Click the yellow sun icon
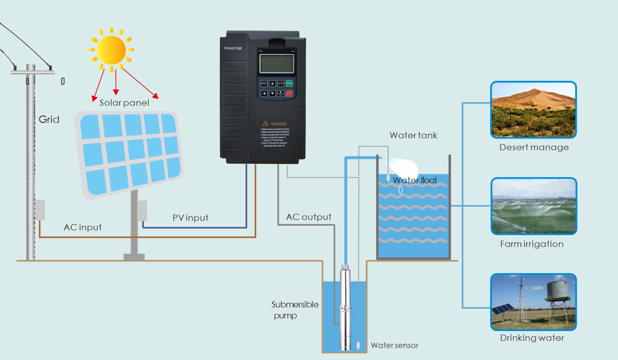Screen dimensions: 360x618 111,50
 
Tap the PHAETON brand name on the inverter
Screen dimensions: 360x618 233,48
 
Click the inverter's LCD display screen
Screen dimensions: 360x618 277,64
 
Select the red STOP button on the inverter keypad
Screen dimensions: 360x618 289,93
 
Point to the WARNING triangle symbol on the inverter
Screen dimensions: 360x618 266,123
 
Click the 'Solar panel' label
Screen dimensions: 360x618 124,103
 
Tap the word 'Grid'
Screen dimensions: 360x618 49,119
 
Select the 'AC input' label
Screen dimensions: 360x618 83,227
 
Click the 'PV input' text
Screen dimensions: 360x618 190,218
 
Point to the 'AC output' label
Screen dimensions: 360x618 309,217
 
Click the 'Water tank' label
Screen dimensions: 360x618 413,136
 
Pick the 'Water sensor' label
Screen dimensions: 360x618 394,346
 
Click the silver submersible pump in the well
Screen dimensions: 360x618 345,308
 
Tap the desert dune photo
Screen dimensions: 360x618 533,110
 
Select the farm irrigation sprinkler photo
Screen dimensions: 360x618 533,206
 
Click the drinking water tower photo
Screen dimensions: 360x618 533,302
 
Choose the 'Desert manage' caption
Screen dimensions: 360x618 534,148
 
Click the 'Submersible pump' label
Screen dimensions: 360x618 294,310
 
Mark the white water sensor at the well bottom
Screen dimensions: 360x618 358,345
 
